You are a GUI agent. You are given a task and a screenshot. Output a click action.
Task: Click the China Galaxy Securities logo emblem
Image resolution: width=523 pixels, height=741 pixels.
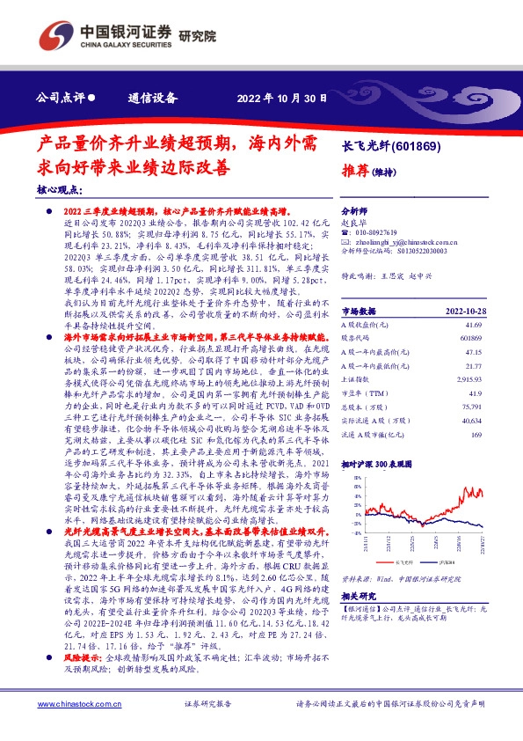[x=54, y=36]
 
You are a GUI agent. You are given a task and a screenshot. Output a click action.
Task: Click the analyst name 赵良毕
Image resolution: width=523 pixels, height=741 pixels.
[x=353, y=224]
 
